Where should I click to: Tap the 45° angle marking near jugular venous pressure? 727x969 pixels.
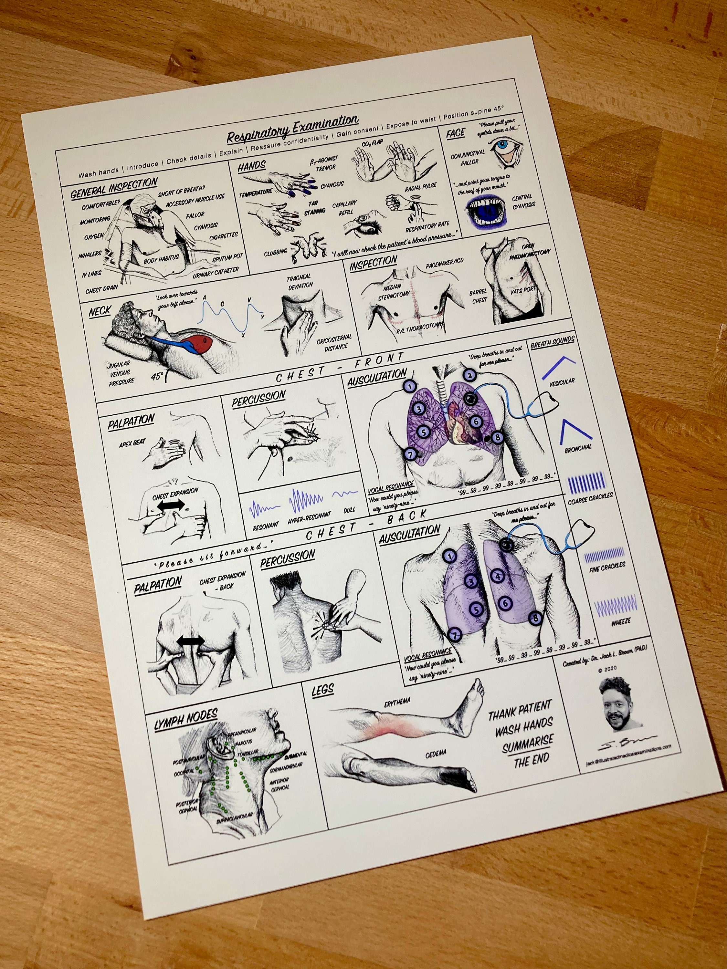click(158, 376)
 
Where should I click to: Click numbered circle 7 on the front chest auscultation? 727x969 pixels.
click(410, 454)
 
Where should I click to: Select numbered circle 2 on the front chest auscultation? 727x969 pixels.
click(469, 375)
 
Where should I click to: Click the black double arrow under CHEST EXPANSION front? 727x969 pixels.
click(171, 505)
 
